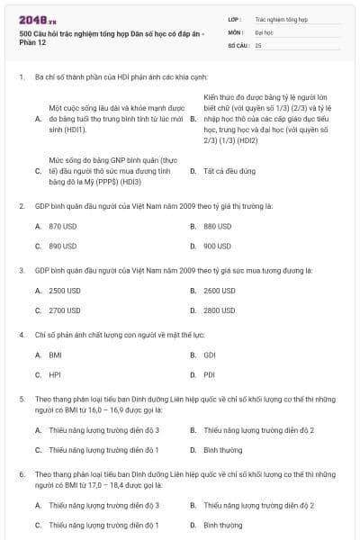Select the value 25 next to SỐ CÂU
[x=258, y=44]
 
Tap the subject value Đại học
[x=264, y=31]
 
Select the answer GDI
[x=210, y=355]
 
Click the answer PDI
[x=210, y=374]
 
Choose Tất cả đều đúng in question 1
[x=226, y=170]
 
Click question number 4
[x=21, y=335]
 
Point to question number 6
[x=21, y=473]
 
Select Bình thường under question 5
[x=222, y=450]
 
